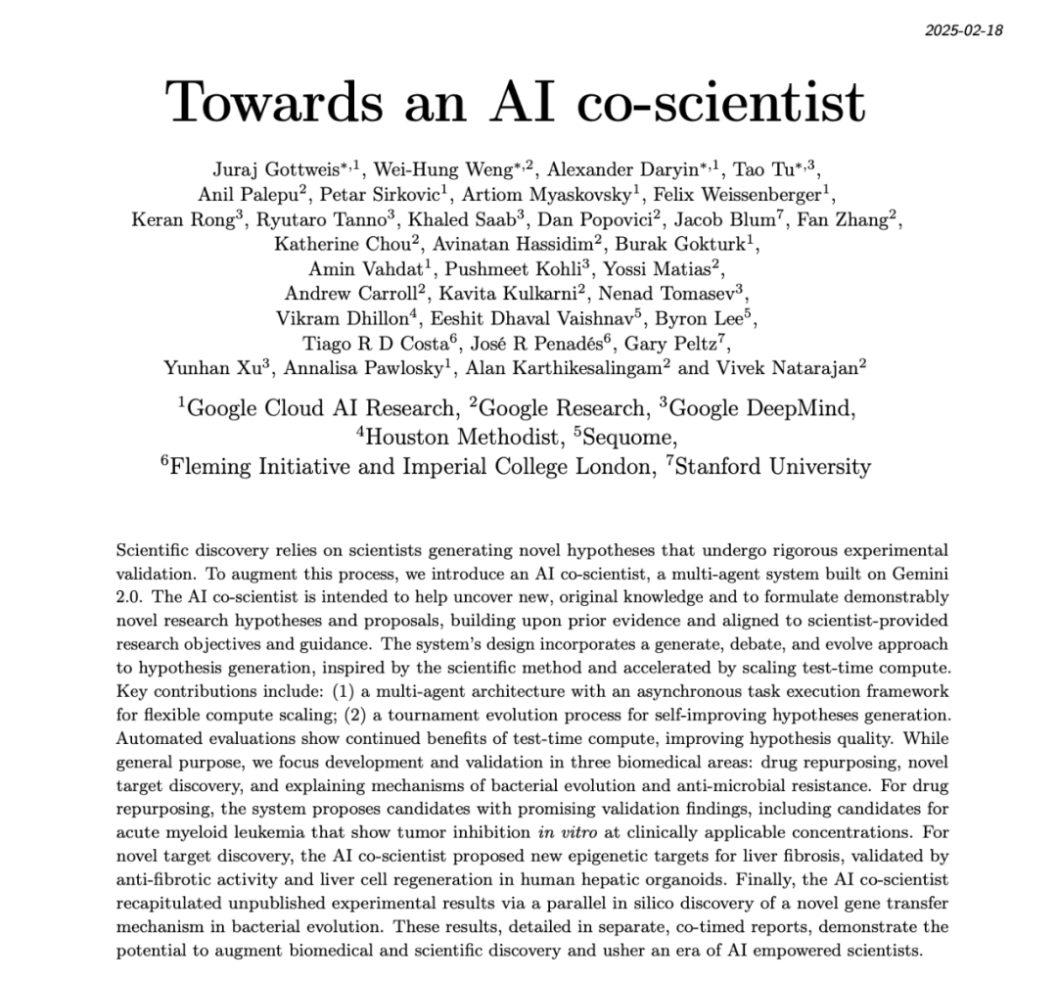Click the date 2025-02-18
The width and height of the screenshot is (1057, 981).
[963, 29]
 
